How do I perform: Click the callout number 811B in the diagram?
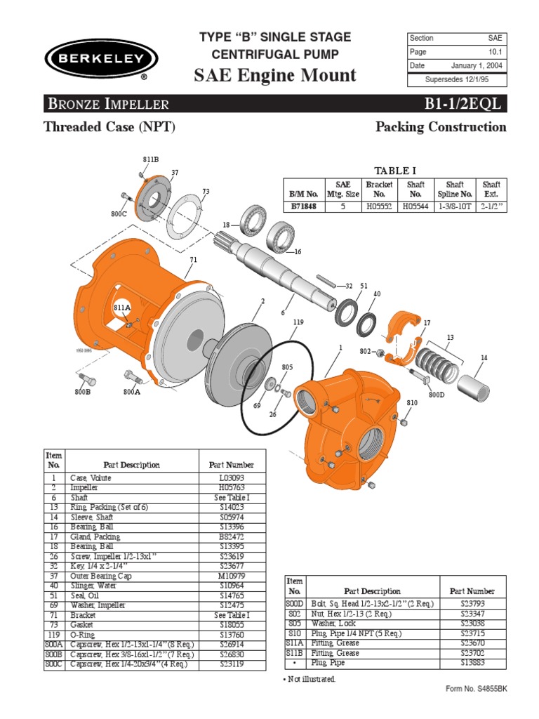(x=151, y=160)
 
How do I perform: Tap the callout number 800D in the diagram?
(x=437, y=395)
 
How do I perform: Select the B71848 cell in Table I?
(x=305, y=207)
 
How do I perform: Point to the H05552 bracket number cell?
(x=379, y=207)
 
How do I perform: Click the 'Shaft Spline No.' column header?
(x=455, y=189)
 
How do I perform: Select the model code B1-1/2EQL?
(x=465, y=105)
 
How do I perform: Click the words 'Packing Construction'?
(x=441, y=127)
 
